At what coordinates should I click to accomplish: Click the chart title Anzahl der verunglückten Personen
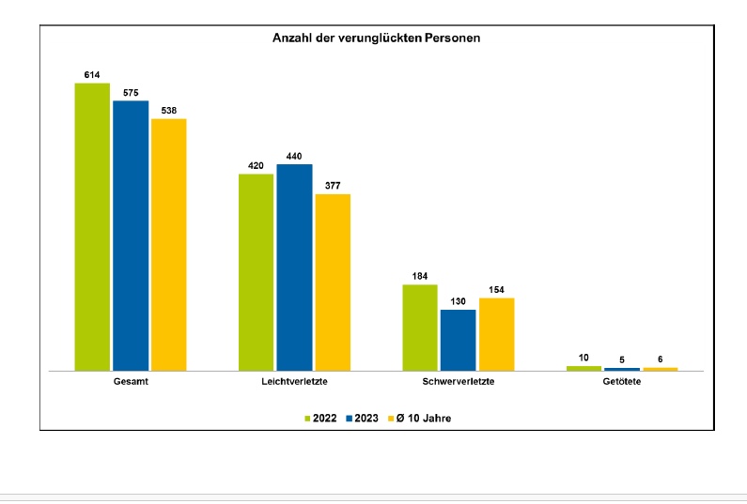[x=377, y=38]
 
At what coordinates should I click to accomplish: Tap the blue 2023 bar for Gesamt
[x=131, y=236]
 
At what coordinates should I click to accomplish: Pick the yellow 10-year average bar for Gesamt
[x=169, y=245]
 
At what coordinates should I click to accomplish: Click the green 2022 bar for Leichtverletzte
[x=257, y=272]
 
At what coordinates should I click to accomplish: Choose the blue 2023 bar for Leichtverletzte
[x=294, y=267]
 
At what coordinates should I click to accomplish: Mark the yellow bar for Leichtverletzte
[x=333, y=283]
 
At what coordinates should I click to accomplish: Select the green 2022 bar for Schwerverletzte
[x=420, y=328]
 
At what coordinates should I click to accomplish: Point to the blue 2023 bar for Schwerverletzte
[x=458, y=340]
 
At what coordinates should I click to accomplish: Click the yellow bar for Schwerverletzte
[x=496, y=334]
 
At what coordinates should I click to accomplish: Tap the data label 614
[x=92, y=74]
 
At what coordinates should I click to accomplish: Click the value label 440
[x=294, y=156]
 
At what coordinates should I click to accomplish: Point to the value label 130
[x=458, y=301]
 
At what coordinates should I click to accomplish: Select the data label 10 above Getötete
[x=584, y=358]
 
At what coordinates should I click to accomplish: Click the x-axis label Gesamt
[x=131, y=384]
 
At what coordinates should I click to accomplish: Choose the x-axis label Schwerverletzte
[x=459, y=384]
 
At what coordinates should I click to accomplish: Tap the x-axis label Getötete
[x=622, y=384]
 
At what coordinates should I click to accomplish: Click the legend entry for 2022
[x=320, y=418]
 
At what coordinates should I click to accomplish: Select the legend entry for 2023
[x=362, y=418]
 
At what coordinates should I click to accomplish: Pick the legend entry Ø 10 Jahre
[x=419, y=418]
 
